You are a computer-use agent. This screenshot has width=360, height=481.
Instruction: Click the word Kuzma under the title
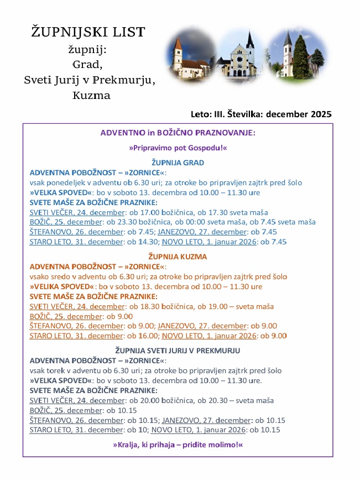coord(91,95)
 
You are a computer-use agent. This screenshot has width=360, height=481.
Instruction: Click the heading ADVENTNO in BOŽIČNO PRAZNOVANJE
coord(178,133)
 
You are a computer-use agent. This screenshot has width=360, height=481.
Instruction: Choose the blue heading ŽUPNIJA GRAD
coord(178,163)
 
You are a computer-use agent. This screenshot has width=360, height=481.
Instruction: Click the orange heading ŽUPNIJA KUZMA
coord(178,257)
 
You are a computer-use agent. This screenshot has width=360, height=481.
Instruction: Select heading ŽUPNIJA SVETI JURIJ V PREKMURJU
coord(178,351)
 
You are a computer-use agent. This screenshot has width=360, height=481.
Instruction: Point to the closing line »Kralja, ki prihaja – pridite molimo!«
coord(178,445)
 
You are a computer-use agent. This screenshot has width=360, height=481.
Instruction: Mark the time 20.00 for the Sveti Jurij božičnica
coord(149,400)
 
